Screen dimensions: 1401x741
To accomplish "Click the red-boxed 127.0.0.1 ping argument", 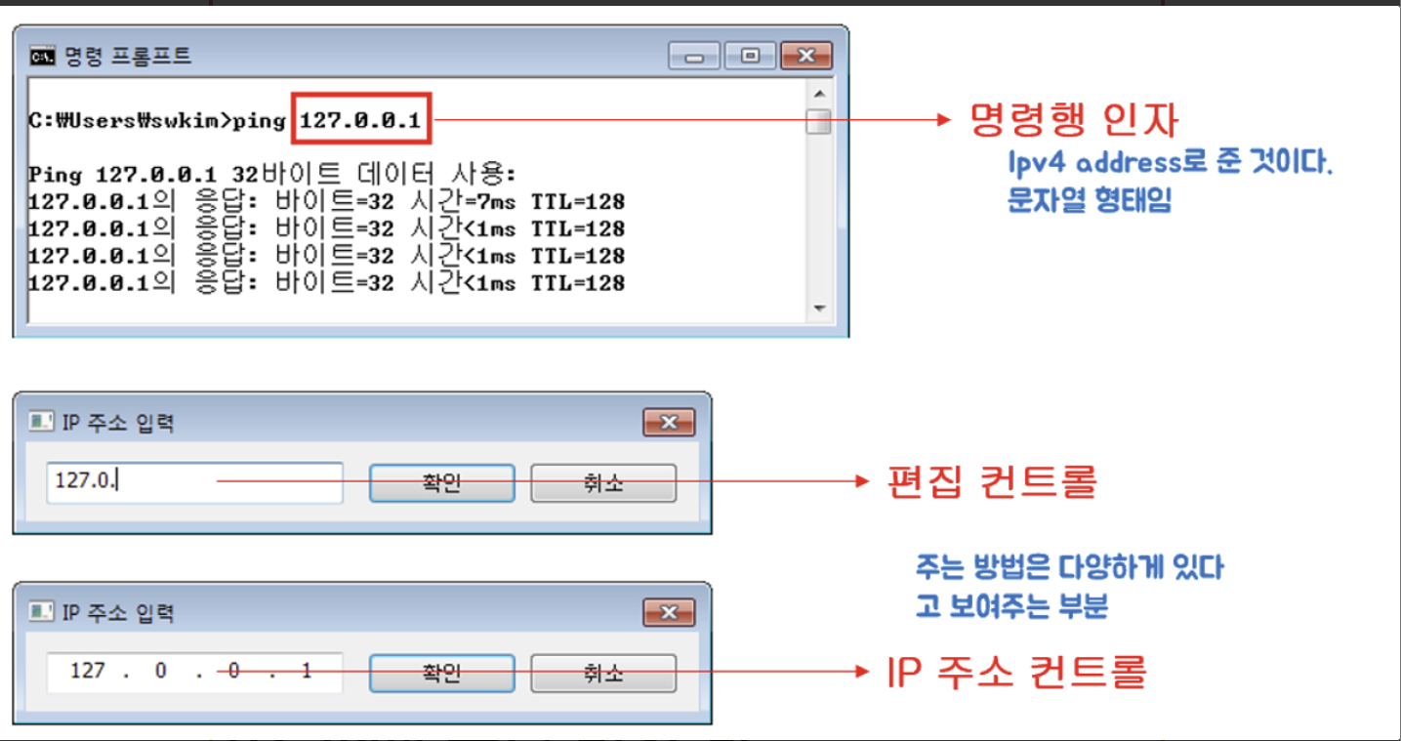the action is pos(360,121).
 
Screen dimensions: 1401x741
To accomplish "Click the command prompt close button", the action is pos(806,56).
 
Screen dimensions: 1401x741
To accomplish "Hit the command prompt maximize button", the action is pos(751,56).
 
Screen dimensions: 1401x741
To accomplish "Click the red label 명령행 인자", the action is pos(1074,121).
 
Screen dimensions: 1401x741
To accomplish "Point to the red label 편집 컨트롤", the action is pos(992,481).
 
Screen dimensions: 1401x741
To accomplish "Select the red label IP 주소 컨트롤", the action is pos(1015,672).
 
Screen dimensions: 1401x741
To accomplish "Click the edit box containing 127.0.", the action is pos(194,482).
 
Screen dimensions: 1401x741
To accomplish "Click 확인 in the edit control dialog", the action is pos(441,482).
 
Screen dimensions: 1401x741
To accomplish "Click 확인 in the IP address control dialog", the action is pos(441,673).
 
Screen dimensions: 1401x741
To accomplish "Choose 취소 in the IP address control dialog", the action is pos(602,673).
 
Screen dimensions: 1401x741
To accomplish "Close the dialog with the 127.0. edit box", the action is pos(669,423).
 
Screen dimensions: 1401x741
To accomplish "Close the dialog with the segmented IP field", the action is pos(669,613).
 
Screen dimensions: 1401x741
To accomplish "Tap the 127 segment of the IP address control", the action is pos(88,672).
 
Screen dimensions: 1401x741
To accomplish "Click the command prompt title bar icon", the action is pos(41,56).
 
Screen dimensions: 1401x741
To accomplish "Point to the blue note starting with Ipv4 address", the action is pos(1171,162).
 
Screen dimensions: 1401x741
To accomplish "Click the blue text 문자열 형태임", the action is pos(1089,201).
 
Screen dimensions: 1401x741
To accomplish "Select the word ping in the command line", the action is pos(262,121).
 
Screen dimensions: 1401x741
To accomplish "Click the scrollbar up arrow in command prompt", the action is pos(819,94).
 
